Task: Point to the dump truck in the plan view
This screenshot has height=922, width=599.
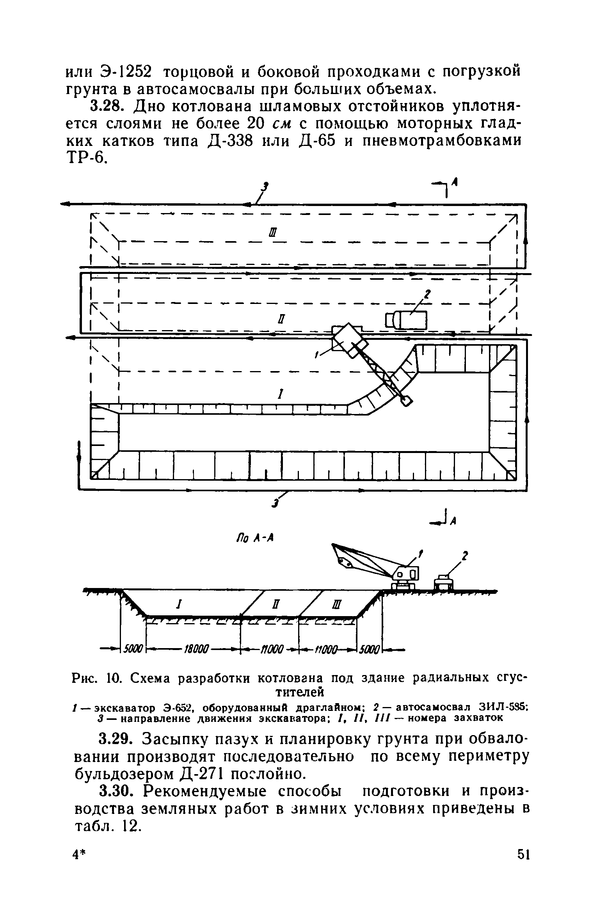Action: point(407,320)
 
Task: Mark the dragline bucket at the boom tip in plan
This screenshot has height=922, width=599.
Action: point(406,400)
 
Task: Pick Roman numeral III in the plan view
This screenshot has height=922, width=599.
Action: point(273,233)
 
